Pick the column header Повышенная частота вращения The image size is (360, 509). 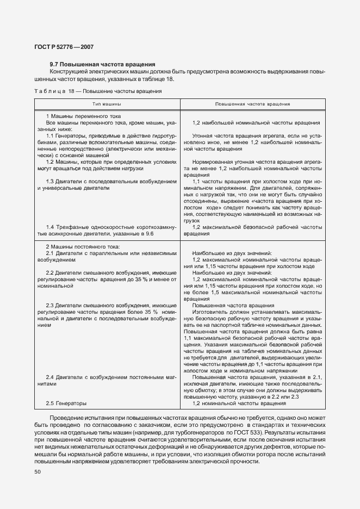click(252, 103)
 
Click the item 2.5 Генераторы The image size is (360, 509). click(66, 403)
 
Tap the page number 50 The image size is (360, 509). click(38, 472)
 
